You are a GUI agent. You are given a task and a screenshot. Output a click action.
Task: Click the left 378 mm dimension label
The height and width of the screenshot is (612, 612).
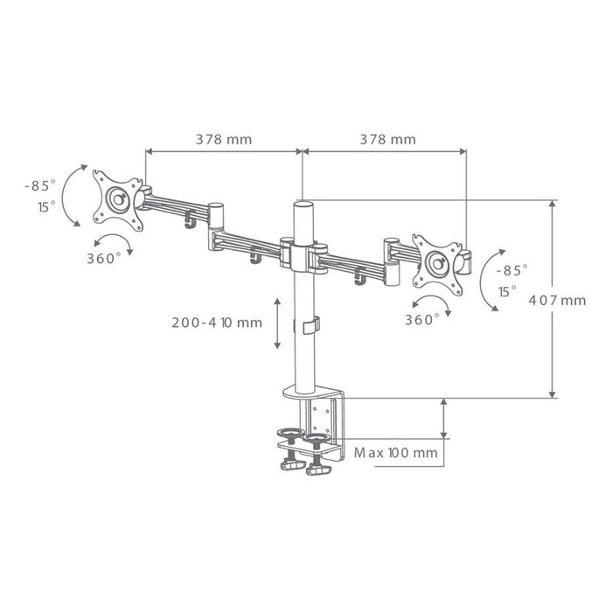click(224, 139)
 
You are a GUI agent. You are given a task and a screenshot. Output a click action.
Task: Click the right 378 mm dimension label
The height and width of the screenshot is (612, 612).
click(387, 139)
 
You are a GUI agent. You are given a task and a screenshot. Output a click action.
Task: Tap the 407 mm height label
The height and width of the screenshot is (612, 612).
click(558, 300)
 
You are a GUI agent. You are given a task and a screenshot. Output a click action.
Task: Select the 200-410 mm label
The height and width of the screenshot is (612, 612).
click(217, 323)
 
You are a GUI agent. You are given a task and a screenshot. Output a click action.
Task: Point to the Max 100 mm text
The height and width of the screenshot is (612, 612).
click(396, 453)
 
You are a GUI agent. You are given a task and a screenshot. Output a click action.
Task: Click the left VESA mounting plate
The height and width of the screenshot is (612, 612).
click(118, 200)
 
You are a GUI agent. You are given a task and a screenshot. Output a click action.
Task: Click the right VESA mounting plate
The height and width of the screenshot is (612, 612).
click(438, 265)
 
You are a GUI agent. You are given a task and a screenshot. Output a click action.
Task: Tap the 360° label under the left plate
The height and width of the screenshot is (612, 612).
click(104, 259)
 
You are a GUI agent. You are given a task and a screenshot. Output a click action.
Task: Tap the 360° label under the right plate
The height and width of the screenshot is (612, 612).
click(422, 320)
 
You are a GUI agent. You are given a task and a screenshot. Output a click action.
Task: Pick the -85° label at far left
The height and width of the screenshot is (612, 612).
click(40, 185)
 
